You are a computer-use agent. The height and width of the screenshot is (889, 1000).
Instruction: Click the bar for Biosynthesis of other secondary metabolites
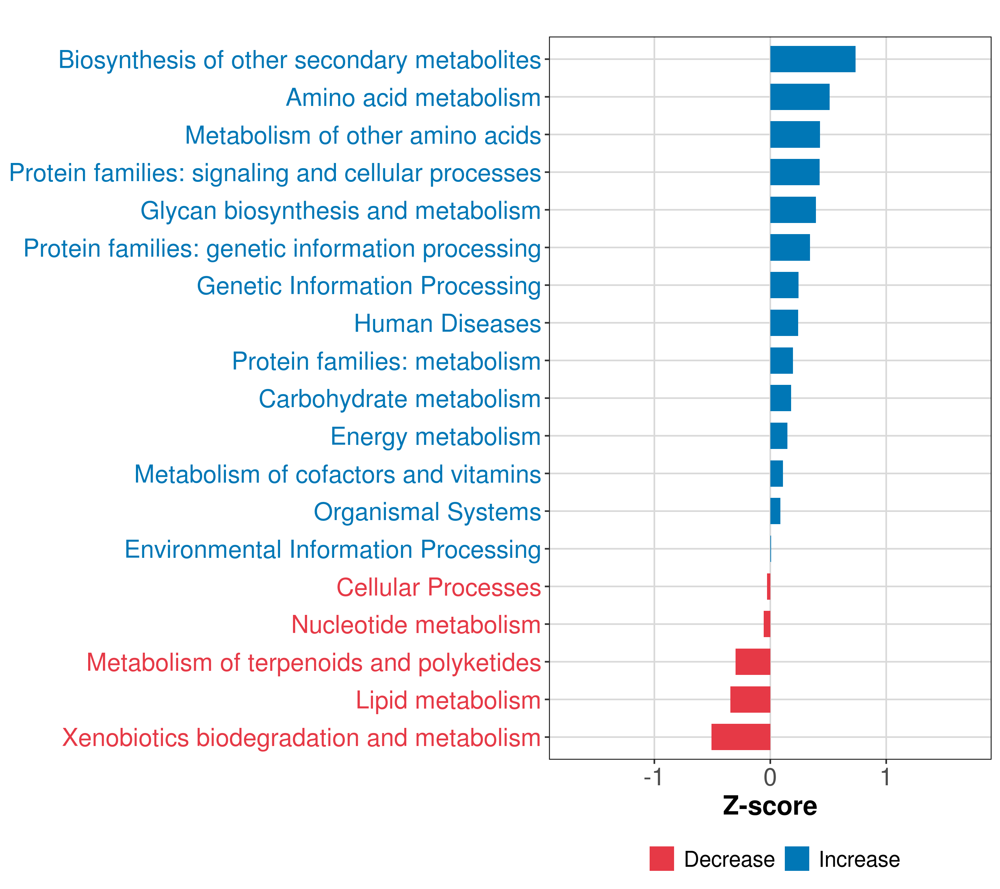pos(813,59)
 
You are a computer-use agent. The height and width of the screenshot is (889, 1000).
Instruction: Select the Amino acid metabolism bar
pos(799,97)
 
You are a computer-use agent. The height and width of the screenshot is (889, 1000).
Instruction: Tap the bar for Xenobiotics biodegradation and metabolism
pos(741,737)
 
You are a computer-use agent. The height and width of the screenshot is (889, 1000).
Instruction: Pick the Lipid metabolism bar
pos(750,699)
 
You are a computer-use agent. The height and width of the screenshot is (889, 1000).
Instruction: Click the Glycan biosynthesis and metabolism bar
pos(793,210)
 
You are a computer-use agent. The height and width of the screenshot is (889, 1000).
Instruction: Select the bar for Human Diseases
pos(784,323)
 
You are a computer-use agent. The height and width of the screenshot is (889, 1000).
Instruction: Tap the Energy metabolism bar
pos(779,436)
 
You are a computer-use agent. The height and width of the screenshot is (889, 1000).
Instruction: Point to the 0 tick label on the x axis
pos(770,777)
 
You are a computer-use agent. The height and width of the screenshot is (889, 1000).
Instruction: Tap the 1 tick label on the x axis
pos(886,777)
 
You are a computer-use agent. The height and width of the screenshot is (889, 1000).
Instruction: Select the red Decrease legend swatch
pos(661,859)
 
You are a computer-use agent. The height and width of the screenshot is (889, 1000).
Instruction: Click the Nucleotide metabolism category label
pos(416,625)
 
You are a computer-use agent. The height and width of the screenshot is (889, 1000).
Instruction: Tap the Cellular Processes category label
pos(439,587)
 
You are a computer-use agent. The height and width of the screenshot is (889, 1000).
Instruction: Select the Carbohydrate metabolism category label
pos(399,399)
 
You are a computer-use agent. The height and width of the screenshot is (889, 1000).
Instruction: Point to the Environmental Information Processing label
pos(333,549)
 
